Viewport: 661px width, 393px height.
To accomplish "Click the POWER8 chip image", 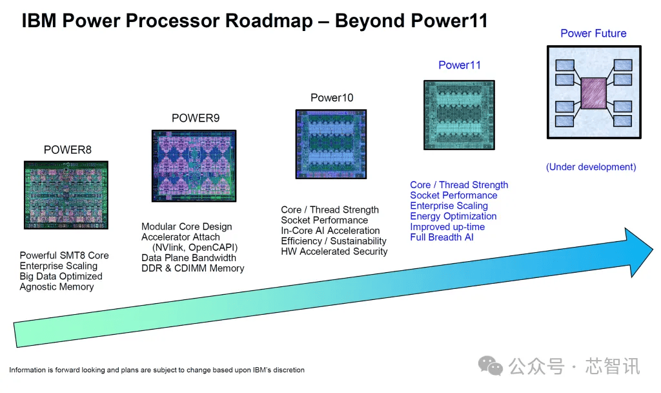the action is (x=66, y=195).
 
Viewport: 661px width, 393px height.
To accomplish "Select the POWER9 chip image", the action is (x=194, y=166).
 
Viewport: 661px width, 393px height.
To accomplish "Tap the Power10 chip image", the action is (x=331, y=144).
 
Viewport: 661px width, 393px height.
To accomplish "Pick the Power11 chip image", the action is (x=459, y=115).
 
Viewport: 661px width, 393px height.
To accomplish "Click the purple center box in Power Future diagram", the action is (x=594, y=93).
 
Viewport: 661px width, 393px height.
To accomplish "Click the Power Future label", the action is (x=593, y=34).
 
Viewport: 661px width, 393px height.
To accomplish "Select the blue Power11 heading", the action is (x=460, y=65).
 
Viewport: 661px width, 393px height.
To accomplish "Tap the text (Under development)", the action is (x=591, y=167).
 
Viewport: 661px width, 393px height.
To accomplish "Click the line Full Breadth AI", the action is (x=442, y=237).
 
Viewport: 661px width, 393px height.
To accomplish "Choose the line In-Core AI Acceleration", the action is (x=330, y=231).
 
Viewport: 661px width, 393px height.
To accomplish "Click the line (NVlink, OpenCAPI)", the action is (x=195, y=248).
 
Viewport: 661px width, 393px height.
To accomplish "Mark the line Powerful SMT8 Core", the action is (x=64, y=255).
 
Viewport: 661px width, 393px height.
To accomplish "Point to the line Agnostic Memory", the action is (x=57, y=286).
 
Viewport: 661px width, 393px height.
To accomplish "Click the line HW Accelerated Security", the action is (x=334, y=251).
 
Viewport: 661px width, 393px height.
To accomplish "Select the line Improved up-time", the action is (x=447, y=227).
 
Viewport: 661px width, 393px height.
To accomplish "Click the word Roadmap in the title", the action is (x=269, y=21).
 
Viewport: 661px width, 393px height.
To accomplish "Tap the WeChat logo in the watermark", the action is (x=491, y=366).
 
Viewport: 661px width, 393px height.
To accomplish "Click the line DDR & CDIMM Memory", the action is (x=192, y=268).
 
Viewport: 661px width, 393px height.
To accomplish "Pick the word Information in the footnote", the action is (x=27, y=370).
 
